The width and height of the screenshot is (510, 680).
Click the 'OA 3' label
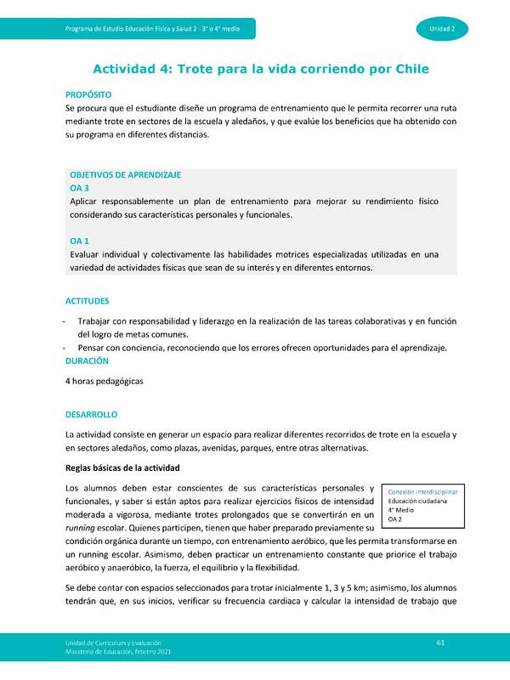(79, 187)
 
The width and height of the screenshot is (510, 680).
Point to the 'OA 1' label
(79, 241)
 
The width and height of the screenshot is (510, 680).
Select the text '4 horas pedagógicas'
(105, 382)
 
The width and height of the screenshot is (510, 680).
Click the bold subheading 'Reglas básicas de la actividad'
(122, 468)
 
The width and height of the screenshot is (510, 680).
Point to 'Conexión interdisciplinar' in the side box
(422, 492)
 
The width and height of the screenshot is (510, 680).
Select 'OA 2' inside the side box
(394, 519)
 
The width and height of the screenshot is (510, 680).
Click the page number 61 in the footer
(440, 641)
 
